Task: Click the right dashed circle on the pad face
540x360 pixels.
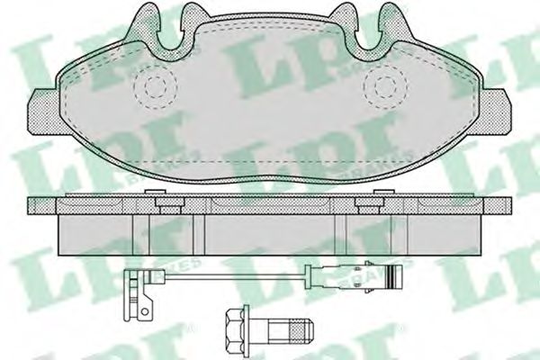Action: [388, 85]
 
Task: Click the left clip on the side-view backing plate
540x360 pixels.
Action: [166, 203]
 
